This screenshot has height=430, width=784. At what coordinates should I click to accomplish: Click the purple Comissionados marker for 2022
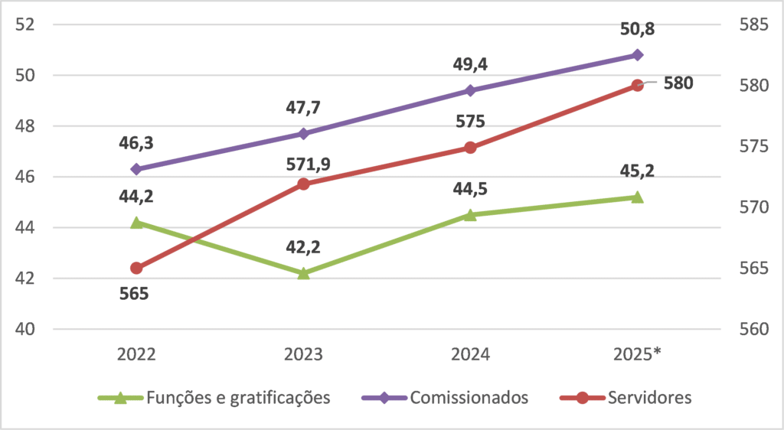(x=136, y=169)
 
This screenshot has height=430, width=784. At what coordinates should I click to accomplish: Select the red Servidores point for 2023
(x=303, y=184)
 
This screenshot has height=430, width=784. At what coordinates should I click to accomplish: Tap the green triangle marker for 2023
(x=303, y=272)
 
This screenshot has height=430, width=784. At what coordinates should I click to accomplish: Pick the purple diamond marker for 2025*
(x=638, y=55)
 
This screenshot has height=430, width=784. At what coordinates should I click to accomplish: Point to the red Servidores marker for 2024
(x=471, y=148)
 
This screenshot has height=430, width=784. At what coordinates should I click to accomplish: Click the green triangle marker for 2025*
(x=638, y=197)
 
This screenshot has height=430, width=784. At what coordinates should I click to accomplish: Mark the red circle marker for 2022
(x=136, y=269)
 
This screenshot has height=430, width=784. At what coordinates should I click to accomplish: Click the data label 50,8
(x=638, y=29)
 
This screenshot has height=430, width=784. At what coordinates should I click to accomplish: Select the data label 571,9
(x=309, y=165)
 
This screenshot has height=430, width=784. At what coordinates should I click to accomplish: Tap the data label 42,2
(x=303, y=247)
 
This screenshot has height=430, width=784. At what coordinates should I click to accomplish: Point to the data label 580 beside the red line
(x=678, y=83)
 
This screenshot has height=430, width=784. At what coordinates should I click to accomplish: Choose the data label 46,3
(x=136, y=143)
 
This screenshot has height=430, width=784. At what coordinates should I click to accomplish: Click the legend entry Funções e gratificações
(x=214, y=398)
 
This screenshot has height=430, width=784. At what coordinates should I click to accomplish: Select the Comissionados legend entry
(x=445, y=398)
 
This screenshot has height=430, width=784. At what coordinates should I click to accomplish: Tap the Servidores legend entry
(x=626, y=398)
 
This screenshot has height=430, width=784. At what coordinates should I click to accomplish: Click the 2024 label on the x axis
(x=471, y=354)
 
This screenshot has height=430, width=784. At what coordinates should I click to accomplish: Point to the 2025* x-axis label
(x=638, y=354)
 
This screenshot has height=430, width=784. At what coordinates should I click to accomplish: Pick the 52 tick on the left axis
(x=25, y=24)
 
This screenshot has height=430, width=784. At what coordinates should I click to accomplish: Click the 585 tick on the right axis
(x=754, y=24)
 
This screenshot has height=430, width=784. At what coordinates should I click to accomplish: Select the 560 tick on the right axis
(x=754, y=328)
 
